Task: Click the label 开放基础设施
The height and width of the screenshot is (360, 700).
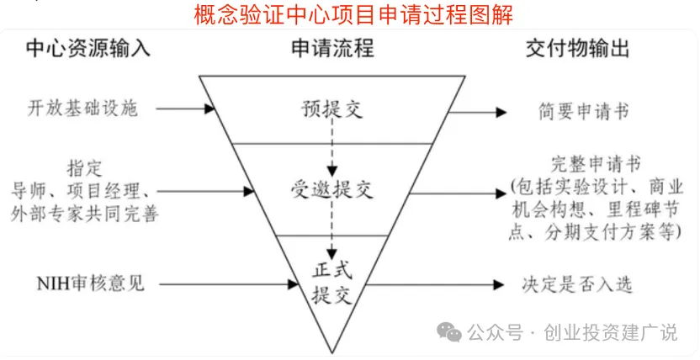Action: tap(82, 109)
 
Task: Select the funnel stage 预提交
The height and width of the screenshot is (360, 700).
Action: tap(332, 109)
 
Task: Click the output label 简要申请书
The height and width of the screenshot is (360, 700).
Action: tap(584, 112)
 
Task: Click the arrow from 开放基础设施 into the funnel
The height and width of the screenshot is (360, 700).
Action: tap(186, 109)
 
